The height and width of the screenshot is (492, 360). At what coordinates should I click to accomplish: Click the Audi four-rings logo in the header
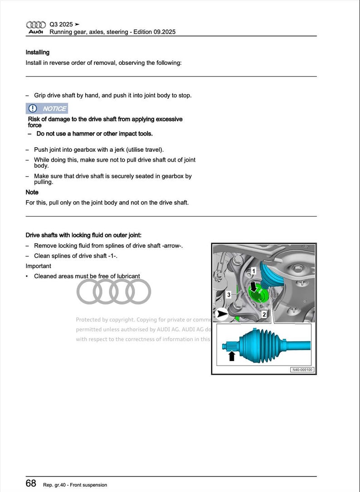pos(36,24)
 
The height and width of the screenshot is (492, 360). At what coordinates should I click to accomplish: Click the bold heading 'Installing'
pos(38,53)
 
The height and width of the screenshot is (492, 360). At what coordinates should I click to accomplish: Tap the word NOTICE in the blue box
pos(54,109)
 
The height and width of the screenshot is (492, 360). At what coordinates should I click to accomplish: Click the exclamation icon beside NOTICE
pos(33,109)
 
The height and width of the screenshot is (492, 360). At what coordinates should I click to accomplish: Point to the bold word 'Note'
pos(32,192)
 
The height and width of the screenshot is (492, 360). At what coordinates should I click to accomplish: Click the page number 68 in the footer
pos(31,483)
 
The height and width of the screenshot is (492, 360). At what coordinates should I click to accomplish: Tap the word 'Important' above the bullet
pos(38,266)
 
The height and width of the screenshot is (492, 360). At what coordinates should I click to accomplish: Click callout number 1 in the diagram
pos(254,271)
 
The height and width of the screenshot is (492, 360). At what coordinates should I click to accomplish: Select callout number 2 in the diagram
pos(263,314)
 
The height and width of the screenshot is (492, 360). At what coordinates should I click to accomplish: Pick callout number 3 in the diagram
pos(229,294)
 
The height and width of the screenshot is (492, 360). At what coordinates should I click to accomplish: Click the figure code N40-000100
pos(302,370)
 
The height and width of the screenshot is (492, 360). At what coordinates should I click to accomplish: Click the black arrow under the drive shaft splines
pos(232,356)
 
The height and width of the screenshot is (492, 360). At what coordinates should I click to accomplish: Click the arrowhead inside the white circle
pos(222,313)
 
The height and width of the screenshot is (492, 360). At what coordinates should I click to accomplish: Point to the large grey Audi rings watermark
pos(113,291)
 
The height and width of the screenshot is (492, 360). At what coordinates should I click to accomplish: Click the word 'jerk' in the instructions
pos(121,150)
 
